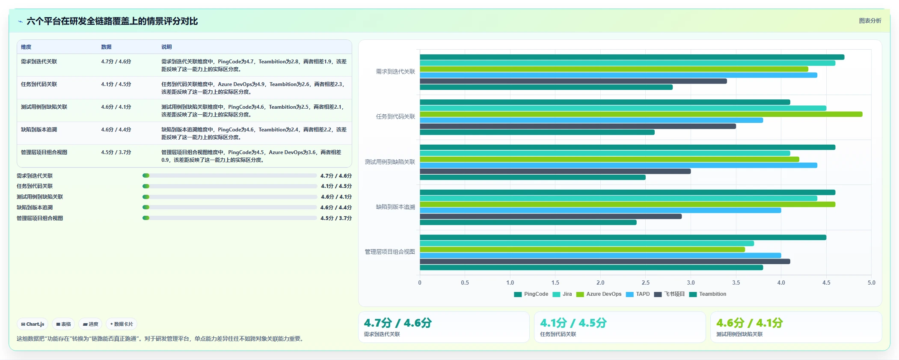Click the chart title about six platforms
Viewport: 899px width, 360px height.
tap(112, 21)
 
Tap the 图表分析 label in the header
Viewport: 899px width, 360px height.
tap(870, 21)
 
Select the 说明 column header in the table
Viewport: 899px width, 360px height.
tap(166, 47)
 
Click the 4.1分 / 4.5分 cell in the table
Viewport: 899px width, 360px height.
tap(116, 84)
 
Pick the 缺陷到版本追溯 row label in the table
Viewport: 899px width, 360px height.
tap(39, 130)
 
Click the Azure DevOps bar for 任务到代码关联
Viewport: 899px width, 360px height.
tap(641, 114)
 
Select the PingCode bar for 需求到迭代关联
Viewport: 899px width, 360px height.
tap(632, 57)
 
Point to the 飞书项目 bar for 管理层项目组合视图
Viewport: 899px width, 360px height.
tap(605, 262)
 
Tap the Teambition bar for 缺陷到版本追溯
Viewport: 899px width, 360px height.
tap(528, 223)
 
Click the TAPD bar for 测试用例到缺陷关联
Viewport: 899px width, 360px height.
tap(618, 165)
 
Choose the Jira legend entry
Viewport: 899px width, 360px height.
tap(562, 294)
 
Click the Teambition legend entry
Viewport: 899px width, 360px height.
tap(708, 294)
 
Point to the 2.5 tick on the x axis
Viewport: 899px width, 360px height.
tap(646, 283)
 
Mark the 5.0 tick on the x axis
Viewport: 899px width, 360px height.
tap(872, 283)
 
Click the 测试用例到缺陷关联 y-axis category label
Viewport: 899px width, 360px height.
tap(390, 162)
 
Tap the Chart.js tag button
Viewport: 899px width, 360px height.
tap(33, 324)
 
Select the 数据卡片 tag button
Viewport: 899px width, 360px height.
tap(122, 324)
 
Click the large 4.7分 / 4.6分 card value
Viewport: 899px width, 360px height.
tap(398, 323)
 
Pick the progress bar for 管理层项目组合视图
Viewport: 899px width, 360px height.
tap(230, 218)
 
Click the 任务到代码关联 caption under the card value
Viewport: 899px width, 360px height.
tap(558, 334)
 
